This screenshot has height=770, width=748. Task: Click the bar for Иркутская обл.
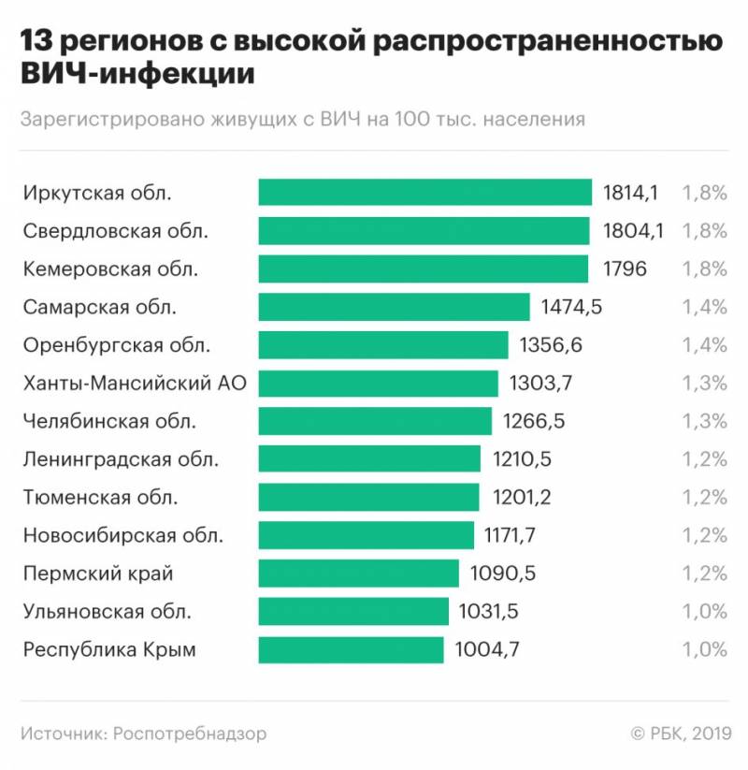click(x=425, y=193)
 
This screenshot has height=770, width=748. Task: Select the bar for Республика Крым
click(x=351, y=650)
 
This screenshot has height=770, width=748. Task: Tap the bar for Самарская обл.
click(x=394, y=307)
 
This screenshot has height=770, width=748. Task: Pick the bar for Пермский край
click(x=358, y=574)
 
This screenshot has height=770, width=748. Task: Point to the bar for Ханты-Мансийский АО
click(x=378, y=384)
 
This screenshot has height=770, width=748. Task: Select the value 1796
click(x=622, y=269)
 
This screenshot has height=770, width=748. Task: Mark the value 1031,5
click(x=488, y=612)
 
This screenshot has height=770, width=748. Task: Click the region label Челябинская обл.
click(x=109, y=421)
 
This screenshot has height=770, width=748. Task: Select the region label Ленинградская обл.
click(x=121, y=459)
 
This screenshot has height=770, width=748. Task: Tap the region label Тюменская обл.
click(x=100, y=498)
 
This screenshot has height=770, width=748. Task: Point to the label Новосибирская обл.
click(x=123, y=536)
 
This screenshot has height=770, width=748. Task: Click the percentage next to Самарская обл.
click(x=704, y=307)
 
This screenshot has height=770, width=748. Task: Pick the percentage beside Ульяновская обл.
click(x=704, y=612)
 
